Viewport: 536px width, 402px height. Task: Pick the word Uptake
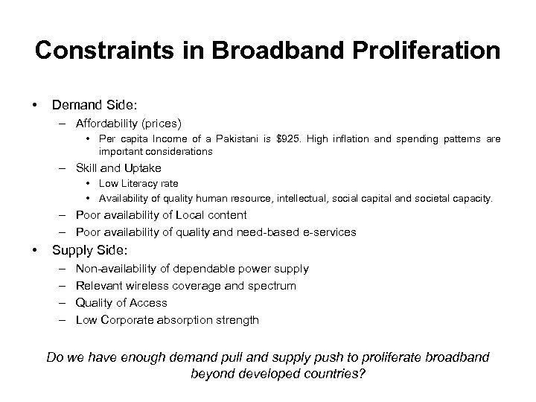point(143,167)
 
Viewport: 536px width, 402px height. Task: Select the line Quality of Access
point(121,302)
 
